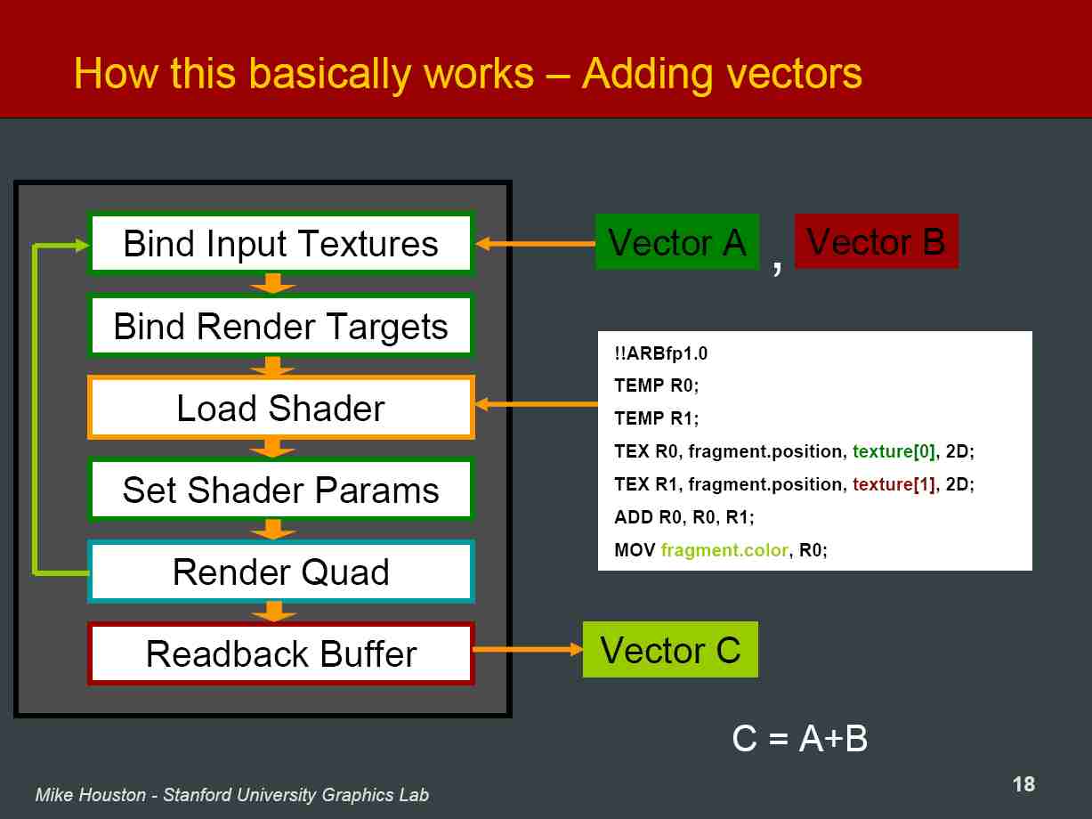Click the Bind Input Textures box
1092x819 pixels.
coord(281,243)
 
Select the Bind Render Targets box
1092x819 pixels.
coord(281,326)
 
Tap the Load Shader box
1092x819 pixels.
coord(281,408)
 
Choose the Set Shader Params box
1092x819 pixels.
coord(281,490)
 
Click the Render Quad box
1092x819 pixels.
coord(281,572)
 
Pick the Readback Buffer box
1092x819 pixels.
coord(281,653)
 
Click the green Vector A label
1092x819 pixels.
coord(677,242)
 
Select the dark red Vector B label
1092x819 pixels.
coord(877,241)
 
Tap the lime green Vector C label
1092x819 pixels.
coord(671,649)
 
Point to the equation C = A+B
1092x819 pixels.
coord(800,738)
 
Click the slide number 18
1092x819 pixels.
coord(1023,784)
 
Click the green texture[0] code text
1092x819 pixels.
coord(894,451)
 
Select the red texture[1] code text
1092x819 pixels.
coord(894,484)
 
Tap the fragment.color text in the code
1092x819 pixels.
coord(724,550)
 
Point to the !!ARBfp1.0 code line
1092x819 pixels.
coord(661,353)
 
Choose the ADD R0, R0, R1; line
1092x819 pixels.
coord(684,517)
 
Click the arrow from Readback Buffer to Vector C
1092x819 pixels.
coord(528,649)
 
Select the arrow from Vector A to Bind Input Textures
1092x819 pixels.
coord(535,244)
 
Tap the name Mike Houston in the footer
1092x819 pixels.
coord(91,795)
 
